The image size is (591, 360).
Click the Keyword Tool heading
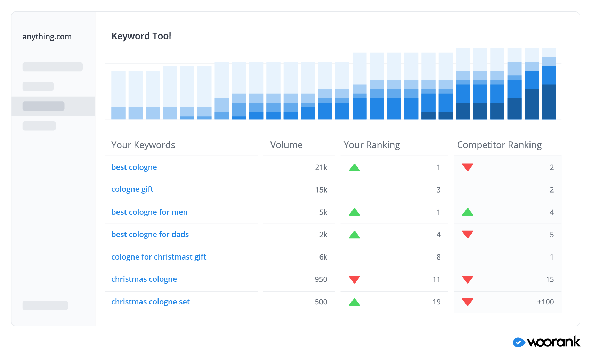[x=141, y=36]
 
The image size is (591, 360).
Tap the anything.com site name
[x=47, y=36]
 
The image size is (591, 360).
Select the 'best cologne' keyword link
[x=134, y=167]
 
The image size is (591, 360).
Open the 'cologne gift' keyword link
[x=132, y=189]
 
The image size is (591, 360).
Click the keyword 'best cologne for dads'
[x=150, y=234]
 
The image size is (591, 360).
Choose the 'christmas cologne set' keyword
[x=150, y=302]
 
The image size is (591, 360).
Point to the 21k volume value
[x=321, y=167]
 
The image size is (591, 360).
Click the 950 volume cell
[x=321, y=279]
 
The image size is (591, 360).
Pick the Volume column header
[x=286, y=145]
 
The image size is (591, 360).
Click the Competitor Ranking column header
[x=499, y=145]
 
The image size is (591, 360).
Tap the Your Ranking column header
[x=372, y=145]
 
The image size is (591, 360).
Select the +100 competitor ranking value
[x=545, y=302]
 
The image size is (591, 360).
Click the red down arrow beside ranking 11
[x=354, y=279]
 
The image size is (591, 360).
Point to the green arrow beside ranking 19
[x=354, y=302]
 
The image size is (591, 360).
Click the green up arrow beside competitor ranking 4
[x=468, y=212]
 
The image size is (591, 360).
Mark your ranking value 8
[x=438, y=257]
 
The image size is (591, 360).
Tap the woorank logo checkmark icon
[x=519, y=342]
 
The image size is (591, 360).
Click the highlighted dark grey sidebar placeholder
[x=43, y=106]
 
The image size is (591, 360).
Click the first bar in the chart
[x=118, y=95]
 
